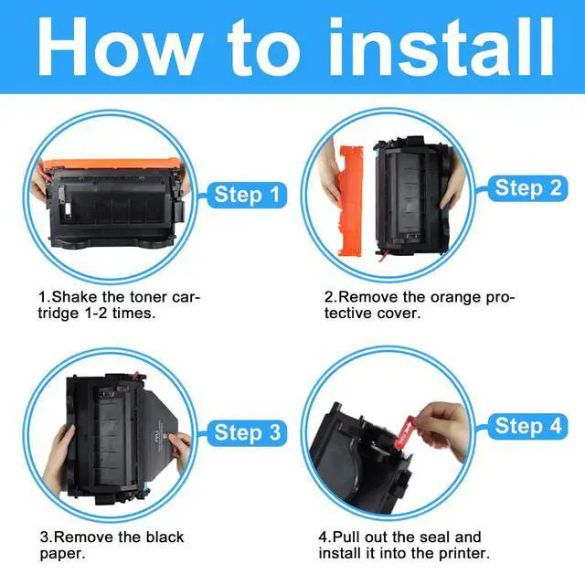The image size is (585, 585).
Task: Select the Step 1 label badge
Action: point(247,195)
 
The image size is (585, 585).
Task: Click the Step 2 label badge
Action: point(528,187)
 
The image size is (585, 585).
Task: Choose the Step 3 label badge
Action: point(247,432)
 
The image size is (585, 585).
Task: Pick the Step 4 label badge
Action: point(528,426)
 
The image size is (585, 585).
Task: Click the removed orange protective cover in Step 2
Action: point(350,201)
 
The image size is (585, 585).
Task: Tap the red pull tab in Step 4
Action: point(406,431)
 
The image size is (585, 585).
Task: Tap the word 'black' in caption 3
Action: point(165,537)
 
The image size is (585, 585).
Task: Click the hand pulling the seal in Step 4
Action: point(444,429)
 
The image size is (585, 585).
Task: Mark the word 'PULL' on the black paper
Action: point(156,436)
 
